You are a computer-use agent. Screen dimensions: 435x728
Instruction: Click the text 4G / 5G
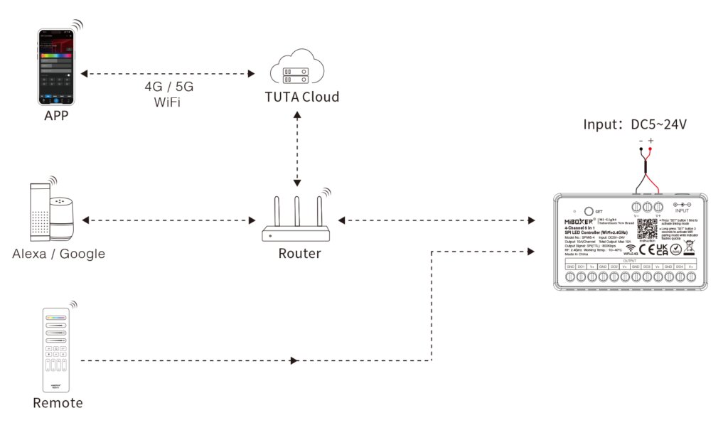click(x=168, y=87)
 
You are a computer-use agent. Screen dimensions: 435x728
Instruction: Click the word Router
click(x=299, y=254)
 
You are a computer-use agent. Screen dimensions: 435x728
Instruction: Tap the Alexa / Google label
click(x=58, y=254)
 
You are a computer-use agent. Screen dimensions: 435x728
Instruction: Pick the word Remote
click(x=58, y=403)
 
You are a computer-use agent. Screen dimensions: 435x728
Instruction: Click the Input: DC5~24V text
click(x=635, y=124)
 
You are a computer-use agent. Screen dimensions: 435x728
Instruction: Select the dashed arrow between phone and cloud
click(x=168, y=73)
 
